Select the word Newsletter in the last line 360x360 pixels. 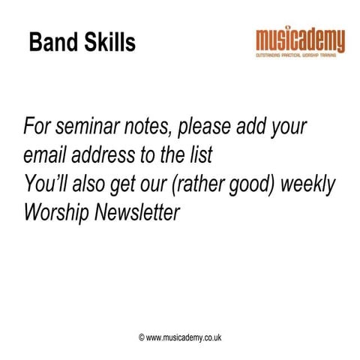tap(138, 213)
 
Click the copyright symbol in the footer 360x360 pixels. tap(141, 338)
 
